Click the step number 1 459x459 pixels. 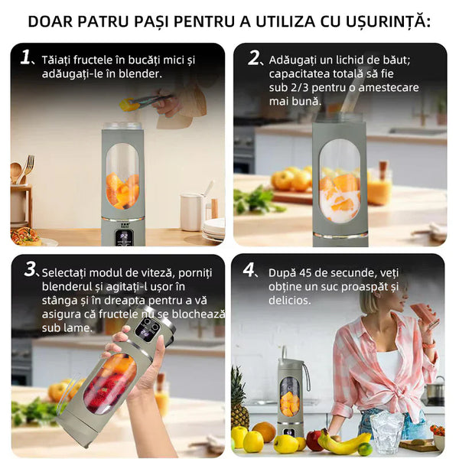tap(25, 57)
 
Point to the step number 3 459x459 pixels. tap(30, 269)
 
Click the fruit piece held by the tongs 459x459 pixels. tap(130, 105)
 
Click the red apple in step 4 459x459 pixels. tap(314, 440)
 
